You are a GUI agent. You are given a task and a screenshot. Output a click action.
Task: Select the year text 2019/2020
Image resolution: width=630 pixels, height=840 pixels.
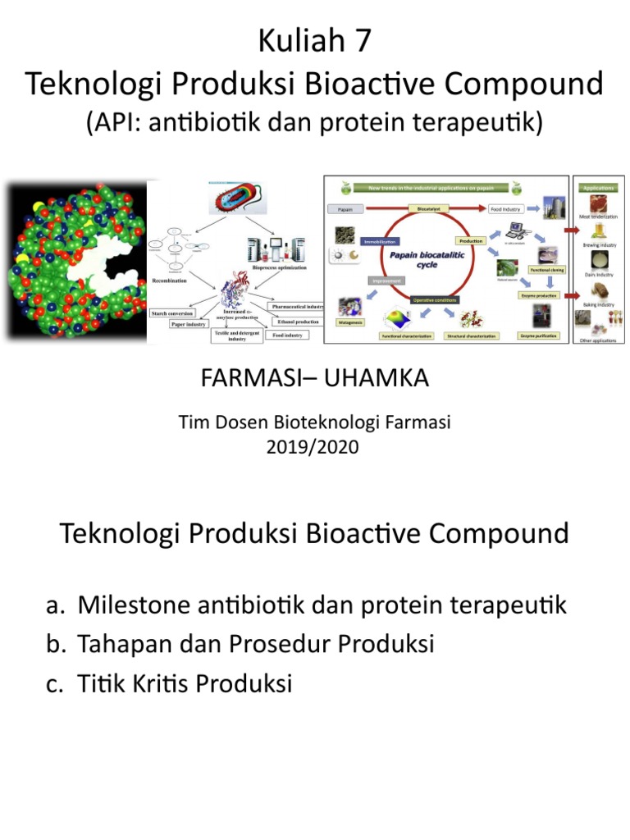(x=315, y=447)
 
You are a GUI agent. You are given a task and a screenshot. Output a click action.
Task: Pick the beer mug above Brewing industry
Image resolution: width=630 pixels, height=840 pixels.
(x=597, y=233)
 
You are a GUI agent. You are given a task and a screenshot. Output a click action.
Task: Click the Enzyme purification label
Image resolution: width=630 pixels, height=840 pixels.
(x=538, y=336)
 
